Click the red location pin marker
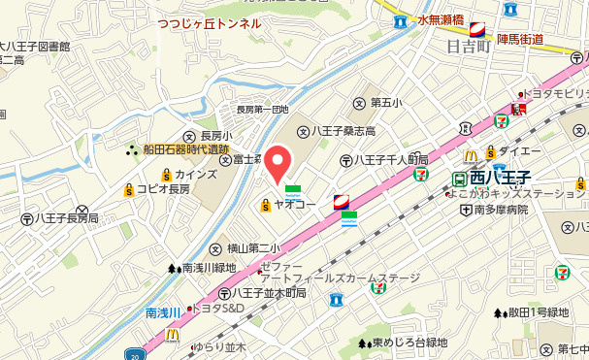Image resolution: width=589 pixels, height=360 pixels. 279,162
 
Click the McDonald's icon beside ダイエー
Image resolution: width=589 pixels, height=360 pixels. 471,154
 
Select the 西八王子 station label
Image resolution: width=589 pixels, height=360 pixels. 503,179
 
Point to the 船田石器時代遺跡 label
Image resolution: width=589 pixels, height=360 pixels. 185,149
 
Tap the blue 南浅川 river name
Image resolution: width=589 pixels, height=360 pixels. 163,312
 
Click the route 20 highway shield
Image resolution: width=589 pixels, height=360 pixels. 134,354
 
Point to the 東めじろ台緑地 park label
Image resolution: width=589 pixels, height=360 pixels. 409,342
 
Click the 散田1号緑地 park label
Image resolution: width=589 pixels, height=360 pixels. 538,312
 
